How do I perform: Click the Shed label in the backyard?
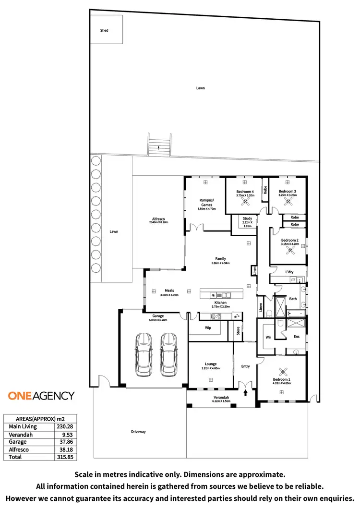click(x=104, y=30)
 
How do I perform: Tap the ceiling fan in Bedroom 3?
click(x=289, y=202)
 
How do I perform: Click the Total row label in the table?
click(x=15, y=457)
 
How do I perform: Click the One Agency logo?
click(x=41, y=396)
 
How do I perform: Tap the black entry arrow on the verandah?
click(x=246, y=393)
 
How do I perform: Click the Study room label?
click(x=247, y=218)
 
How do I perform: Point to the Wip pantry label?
click(x=208, y=328)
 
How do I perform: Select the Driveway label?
click(x=138, y=431)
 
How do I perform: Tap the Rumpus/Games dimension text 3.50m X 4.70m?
click(x=207, y=209)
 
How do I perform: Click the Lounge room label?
click(x=210, y=364)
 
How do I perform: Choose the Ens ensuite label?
click(x=297, y=337)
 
